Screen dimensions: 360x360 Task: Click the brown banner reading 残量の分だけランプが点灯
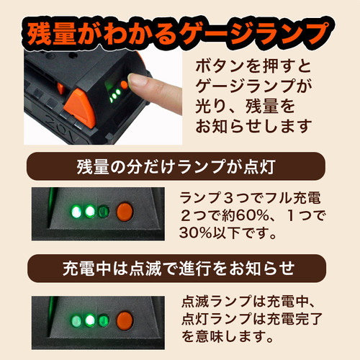tap(180, 169)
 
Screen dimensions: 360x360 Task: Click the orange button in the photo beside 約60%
tap(125, 212)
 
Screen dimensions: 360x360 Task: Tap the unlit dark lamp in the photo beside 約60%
tap(104, 212)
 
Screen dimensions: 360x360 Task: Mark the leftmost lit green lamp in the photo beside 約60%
tap(75, 212)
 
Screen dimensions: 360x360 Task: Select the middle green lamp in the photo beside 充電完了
tap(91, 319)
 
